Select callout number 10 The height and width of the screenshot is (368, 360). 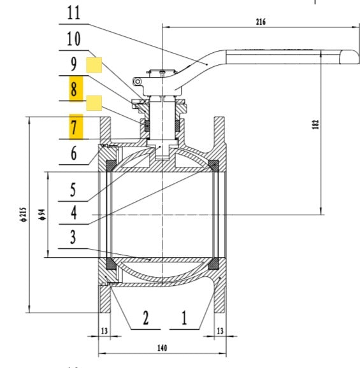[x=74, y=39]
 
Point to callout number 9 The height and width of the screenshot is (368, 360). [x=74, y=64]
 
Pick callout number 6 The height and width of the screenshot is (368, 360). [x=74, y=153]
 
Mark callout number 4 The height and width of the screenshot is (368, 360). [x=74, y=213]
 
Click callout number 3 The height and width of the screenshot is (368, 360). [x=74, y=238]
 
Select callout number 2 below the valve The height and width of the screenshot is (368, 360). [x=146, y=318]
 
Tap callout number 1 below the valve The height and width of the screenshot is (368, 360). [x=185, y=318]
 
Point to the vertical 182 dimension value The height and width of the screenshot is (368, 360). [x=315, y=125]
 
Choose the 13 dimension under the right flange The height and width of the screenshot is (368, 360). [x=220, y=331]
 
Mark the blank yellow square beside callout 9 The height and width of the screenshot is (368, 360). [x=94, y=65]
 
